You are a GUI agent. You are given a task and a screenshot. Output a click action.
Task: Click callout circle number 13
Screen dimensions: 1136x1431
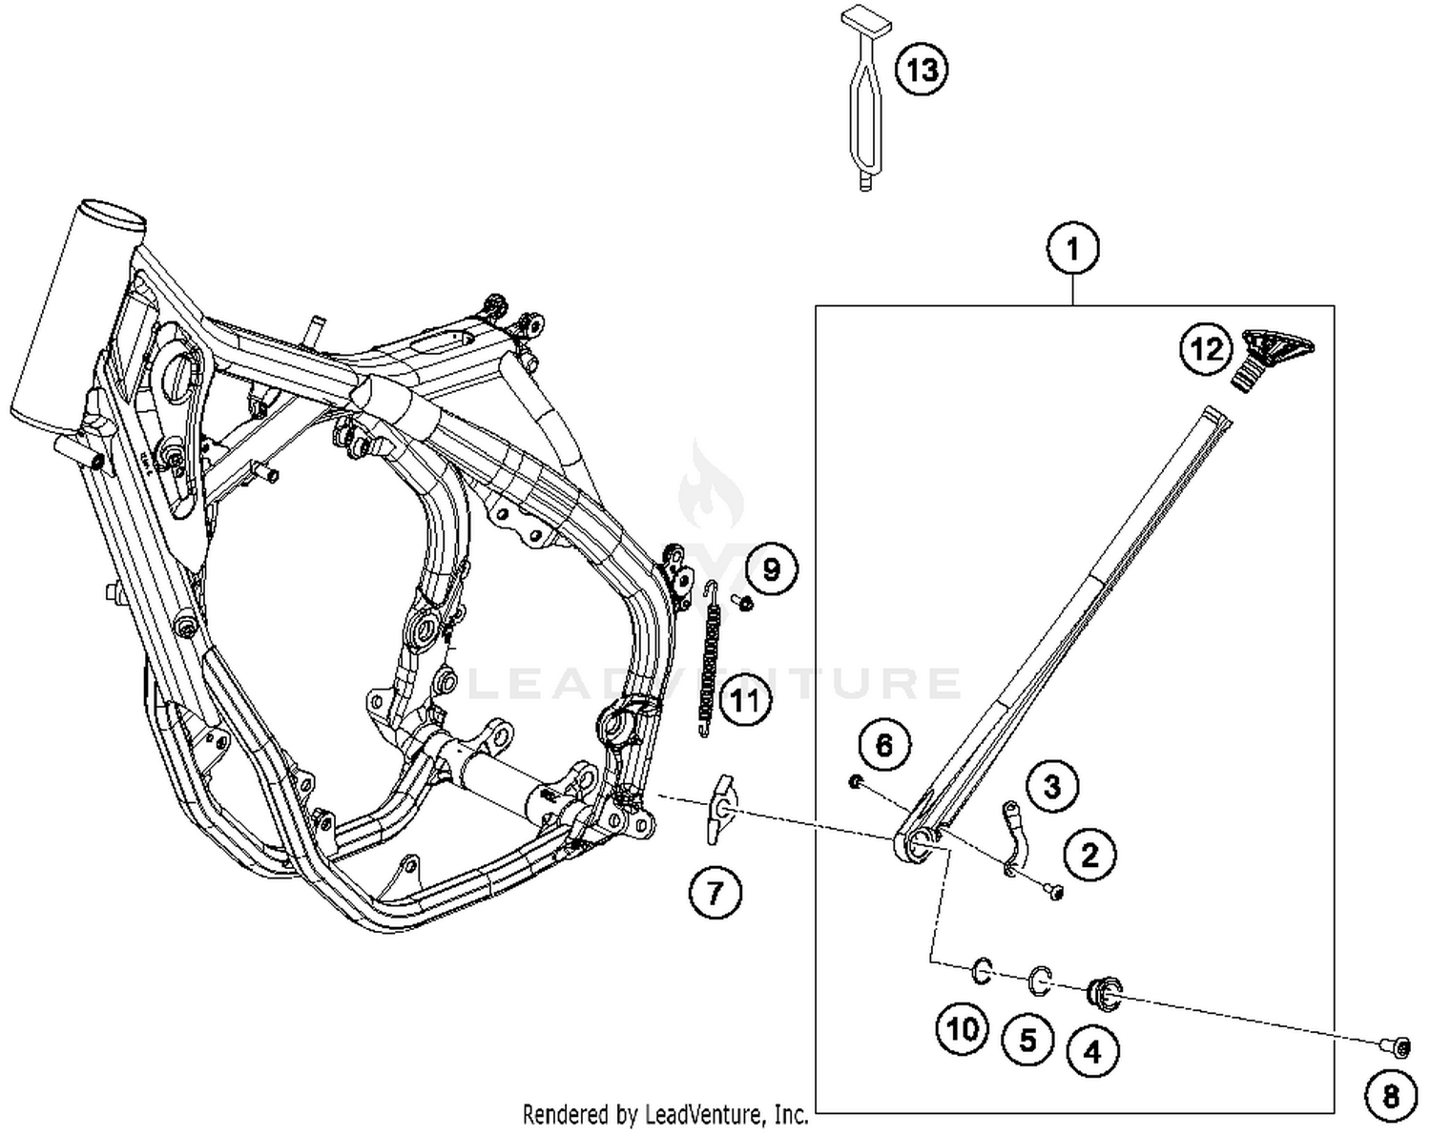(922, 70)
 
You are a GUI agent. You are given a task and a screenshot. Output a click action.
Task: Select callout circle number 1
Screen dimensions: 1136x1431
(1072, 249)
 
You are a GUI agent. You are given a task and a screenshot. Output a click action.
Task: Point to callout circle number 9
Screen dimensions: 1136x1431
(771, 569)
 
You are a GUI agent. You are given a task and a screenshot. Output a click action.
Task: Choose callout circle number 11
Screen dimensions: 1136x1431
(745, 701)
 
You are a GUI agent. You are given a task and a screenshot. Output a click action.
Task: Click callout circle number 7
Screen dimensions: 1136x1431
(715, 893)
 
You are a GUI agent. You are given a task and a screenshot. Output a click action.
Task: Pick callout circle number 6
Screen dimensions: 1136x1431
(884, 745)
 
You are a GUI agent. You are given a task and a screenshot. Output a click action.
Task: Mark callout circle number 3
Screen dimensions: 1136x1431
(1052, 787)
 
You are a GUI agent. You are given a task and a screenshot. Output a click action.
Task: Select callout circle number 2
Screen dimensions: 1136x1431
(1089, 854)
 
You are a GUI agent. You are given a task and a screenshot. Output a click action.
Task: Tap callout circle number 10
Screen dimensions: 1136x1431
(963, 1028)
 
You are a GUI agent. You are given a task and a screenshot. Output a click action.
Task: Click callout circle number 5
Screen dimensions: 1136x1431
(1027, 1039)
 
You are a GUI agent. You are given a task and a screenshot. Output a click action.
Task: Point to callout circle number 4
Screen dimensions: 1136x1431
(1092, 1051)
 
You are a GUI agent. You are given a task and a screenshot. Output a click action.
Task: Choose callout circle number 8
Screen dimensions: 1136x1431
(1391, 1096)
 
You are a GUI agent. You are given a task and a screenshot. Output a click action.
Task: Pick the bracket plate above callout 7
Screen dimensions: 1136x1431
(717, 810)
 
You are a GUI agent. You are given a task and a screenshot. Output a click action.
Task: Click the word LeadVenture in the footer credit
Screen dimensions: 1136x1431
(707, 1113)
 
